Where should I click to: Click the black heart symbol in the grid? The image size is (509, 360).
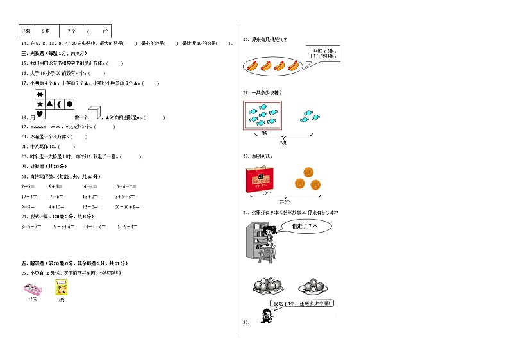pos(39,115)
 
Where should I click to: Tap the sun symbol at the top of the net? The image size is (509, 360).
pos(39,94)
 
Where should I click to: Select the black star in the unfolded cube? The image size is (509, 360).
pos(39,104)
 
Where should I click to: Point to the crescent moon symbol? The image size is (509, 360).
pos(59,104)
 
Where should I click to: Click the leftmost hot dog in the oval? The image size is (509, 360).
pos(252,65)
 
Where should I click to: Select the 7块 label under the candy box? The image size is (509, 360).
pos(264,133)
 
